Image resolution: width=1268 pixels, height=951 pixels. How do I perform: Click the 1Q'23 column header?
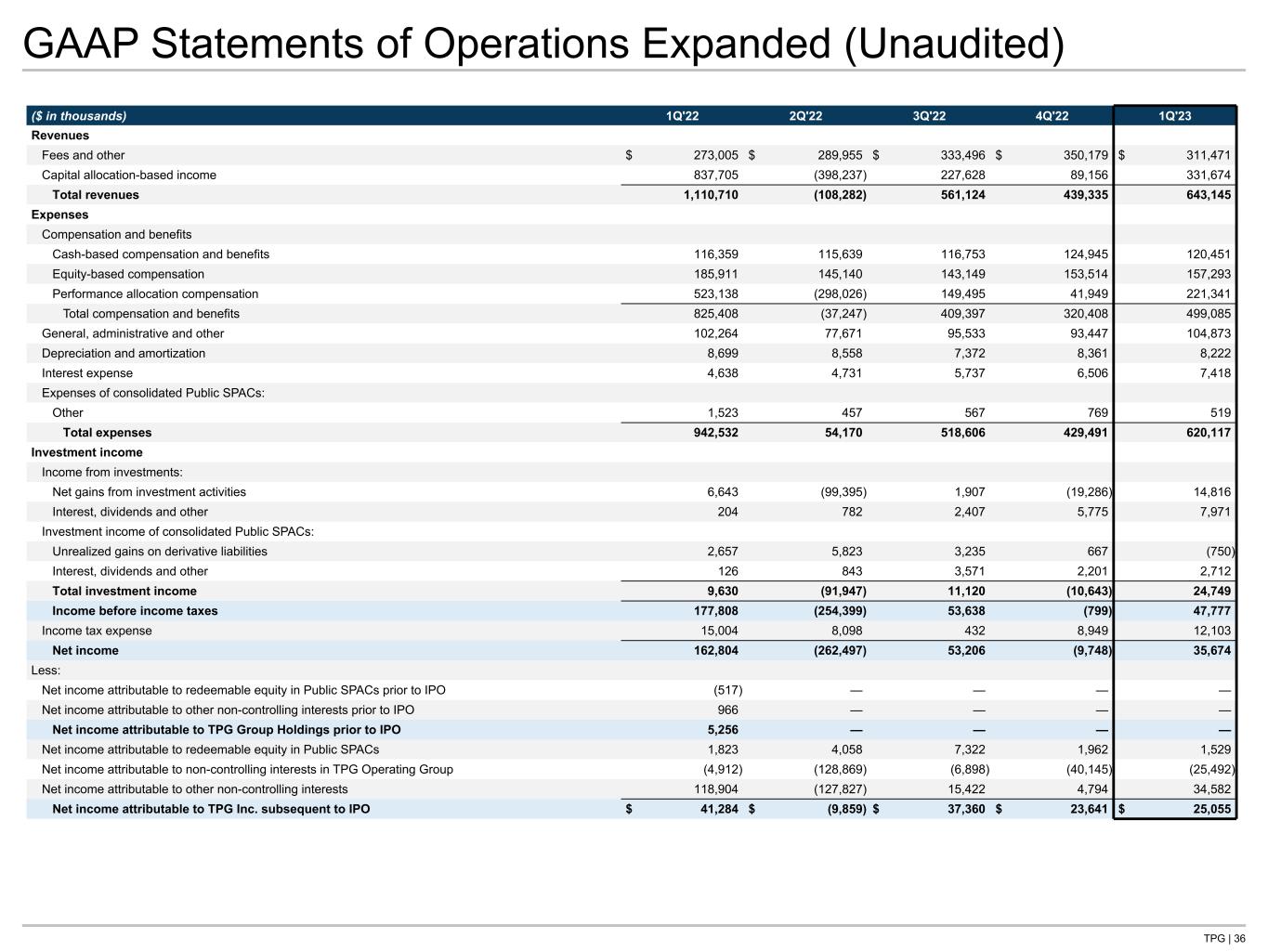(x=1174, y=116)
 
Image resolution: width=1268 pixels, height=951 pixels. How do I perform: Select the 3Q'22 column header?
(x=929, y=116)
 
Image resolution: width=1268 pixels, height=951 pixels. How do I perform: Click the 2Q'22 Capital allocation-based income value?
(x=833, y=176)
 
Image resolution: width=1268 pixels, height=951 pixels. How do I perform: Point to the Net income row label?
(x=85, y=651)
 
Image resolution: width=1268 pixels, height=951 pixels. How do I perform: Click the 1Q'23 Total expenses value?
(x=1204, y=433)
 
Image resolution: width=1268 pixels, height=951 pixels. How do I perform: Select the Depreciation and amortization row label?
(x=124, y=354)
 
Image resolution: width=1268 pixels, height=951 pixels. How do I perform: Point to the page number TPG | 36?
(x=1224, y=938)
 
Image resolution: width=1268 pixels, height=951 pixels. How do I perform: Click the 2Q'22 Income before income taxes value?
(x=833, y=611)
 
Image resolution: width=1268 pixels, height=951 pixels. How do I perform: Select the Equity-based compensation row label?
(x=128, y=274)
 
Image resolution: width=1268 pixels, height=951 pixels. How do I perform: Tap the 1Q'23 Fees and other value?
(x=1205, y=156)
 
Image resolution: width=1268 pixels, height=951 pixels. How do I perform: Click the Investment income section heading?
(x=87, y=453)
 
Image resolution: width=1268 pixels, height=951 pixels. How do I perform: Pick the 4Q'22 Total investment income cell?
(x=1083, y=592)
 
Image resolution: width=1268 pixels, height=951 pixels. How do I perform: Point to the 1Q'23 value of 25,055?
(x=1209, y=810)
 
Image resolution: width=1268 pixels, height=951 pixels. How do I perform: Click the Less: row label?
(x=46, y=671)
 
